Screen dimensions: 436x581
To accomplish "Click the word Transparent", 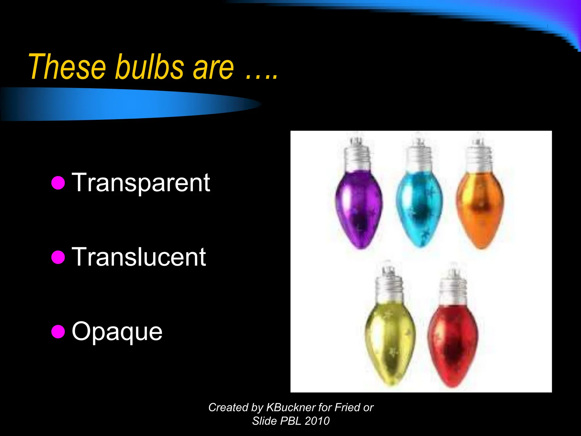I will click(141, 183).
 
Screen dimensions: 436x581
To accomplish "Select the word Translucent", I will click(139, 257).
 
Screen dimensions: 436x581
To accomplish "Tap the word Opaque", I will click(117, 332).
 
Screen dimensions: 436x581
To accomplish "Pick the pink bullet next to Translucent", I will click(58, 257).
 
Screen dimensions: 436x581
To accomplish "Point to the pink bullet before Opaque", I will click(58, 332).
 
